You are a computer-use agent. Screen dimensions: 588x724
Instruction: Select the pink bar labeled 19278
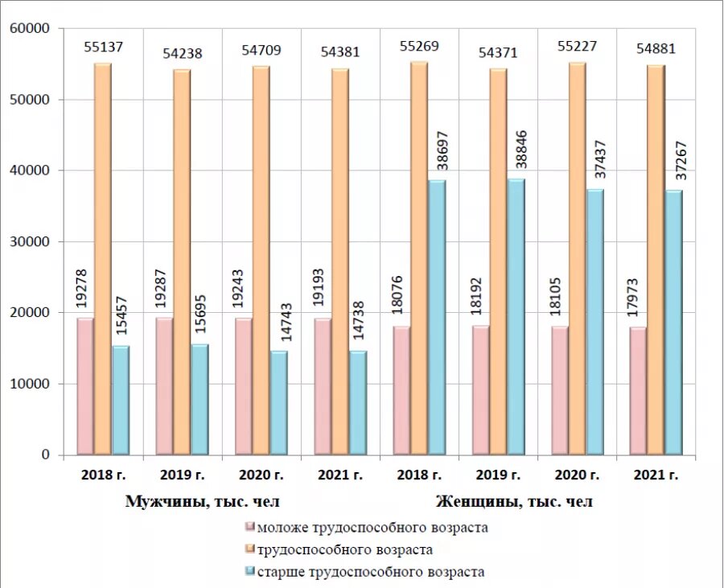point(84,386)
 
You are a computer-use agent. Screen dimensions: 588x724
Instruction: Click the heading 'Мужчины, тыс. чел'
point(203,502)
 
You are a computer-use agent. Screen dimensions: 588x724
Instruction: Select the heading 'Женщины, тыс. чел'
point(515,502)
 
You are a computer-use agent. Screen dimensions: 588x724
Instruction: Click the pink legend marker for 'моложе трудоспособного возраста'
point(250,528)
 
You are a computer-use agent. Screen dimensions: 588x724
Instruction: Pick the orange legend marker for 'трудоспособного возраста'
point(250,549)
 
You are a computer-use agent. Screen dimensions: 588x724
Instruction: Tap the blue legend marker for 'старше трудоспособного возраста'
point(250,571)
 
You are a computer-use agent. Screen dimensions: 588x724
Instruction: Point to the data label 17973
point(636,298)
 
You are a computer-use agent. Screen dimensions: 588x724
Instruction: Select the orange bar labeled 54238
point(182,261)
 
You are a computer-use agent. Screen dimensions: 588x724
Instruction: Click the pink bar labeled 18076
point(400,390)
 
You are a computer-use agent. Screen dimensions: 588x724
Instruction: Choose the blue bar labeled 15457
point(120,400)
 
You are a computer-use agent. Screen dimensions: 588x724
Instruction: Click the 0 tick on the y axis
point(45,455)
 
